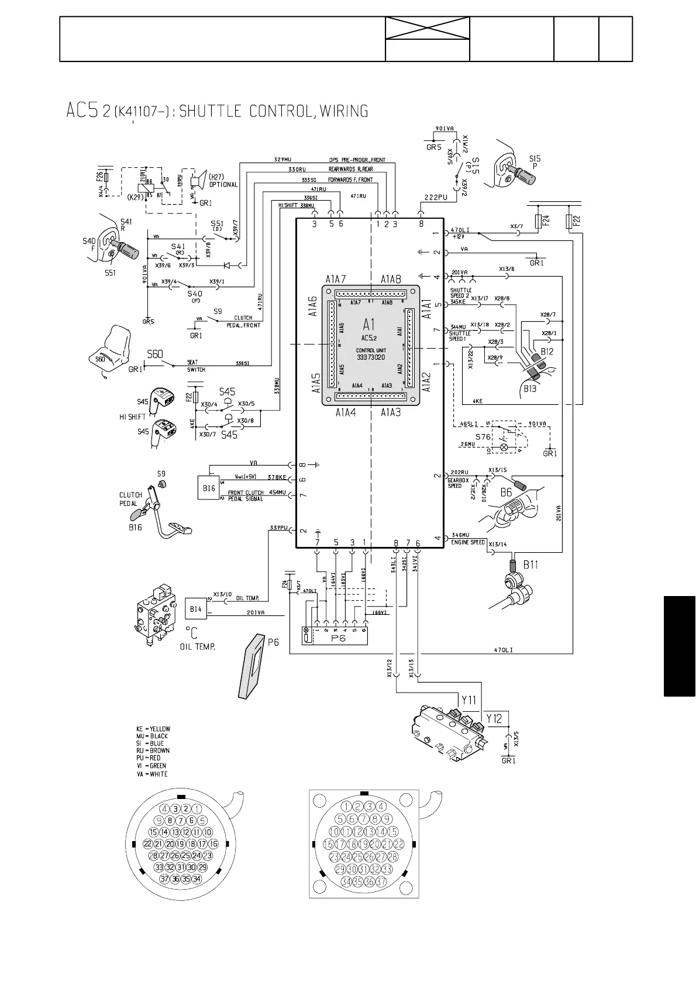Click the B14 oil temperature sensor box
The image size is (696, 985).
point(195,609)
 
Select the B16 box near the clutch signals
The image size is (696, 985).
point(209,488)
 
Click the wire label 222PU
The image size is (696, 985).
point(435,198)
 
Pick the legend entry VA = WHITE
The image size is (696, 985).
point(151,774)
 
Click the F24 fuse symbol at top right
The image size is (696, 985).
point(538,222)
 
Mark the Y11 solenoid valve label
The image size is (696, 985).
point(468,700)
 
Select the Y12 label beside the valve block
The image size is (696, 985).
point(495,719)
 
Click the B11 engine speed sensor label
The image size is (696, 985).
point(530,564)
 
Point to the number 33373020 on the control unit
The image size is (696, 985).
point(371,357)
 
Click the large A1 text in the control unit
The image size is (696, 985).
point(370,323)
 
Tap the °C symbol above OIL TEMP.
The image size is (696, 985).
point(191,632)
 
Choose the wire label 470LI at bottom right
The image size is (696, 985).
point(504,650)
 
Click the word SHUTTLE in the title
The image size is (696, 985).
point(211,111)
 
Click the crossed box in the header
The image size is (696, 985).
point(428,28)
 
